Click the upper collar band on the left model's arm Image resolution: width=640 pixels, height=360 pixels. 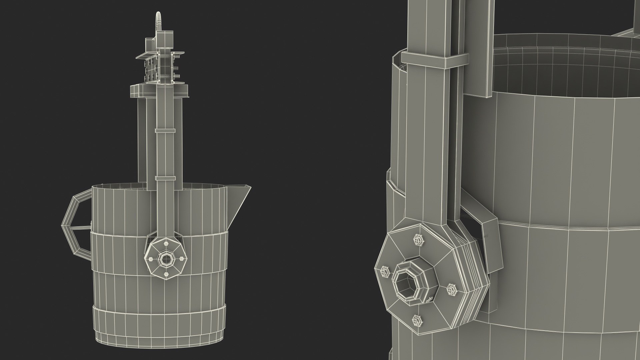(165, 131)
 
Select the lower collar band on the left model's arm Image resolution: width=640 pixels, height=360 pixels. (165, 179)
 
